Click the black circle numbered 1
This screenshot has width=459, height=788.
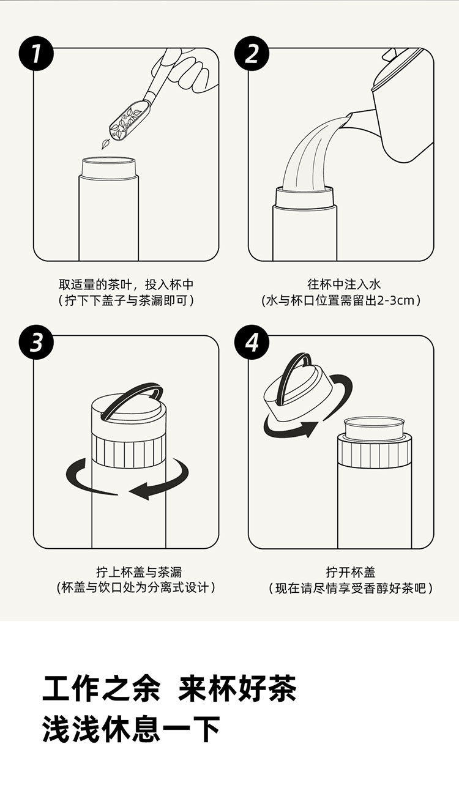(x=36, y=54)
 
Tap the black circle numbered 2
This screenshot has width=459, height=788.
(x=252, y=54)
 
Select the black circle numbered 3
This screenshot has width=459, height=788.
(x=36, y=342)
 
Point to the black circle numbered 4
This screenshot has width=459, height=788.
(x=252, y=342)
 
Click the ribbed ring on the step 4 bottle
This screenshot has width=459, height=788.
(x=374, y=453)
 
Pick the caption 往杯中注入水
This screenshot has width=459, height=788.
(x=344, y=284)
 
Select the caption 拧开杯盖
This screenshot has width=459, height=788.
(x=351, y=573)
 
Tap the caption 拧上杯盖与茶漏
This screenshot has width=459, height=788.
(x=139, y=573)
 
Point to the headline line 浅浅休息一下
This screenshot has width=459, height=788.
(x=132, y=729)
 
